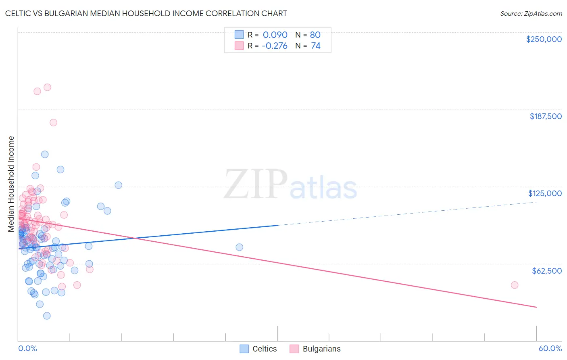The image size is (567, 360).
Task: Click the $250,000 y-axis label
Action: coord(544,39)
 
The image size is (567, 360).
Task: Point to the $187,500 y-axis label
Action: coord(545,116)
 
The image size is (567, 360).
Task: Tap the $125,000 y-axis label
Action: coord(545,193)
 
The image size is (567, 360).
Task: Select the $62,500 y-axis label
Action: coord(546,271)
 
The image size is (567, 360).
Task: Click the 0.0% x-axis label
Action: coord(27,349)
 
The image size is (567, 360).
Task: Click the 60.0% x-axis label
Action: coord(550,349)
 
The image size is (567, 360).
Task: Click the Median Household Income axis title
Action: coord(11,184)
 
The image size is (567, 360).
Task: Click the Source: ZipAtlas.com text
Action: coord(531,13)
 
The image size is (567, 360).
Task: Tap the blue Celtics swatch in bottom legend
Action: coord(244,349)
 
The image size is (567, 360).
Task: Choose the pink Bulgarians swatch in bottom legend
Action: coord(294,349)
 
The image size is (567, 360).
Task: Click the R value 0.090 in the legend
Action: coord(275,35)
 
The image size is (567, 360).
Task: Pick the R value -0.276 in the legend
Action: coord(274,46)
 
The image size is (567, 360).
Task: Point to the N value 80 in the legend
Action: coord(315,35)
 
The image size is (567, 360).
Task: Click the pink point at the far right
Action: coord(514,285)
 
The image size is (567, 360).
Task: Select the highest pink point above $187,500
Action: coord(47,87)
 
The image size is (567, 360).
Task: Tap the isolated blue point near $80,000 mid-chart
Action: coord(239,247)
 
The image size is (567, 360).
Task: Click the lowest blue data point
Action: coord(47,316)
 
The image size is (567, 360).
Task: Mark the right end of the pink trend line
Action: coord(536,308)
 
